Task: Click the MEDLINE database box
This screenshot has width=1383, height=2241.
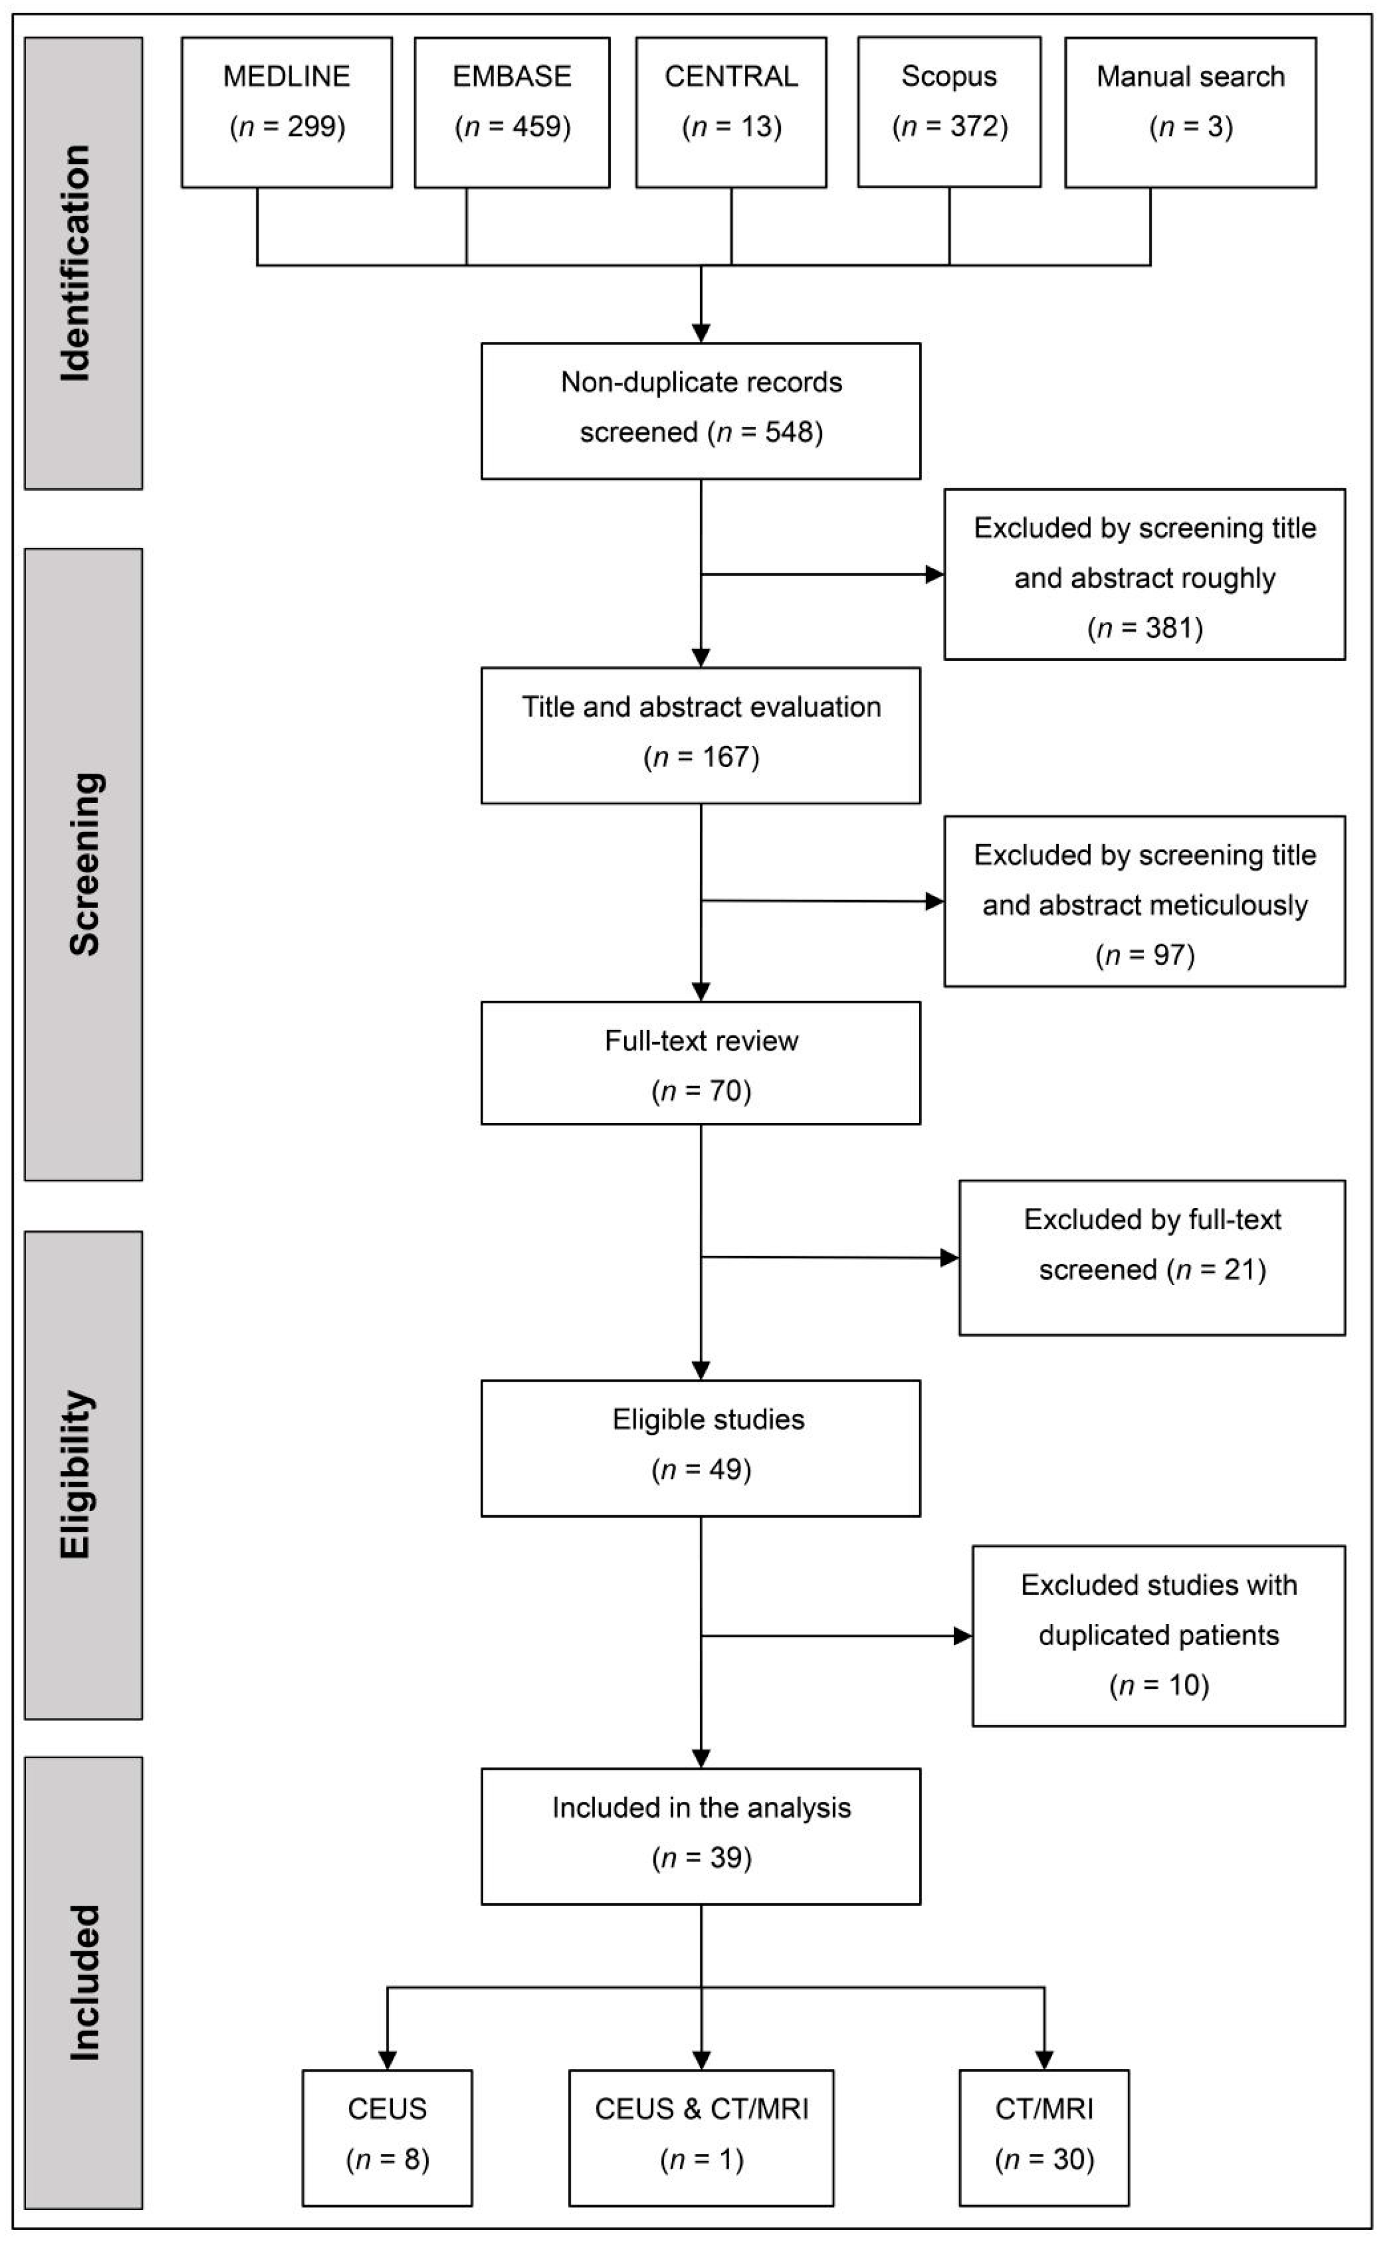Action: pos(287,112)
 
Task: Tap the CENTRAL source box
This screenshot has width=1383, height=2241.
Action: pos(731,112)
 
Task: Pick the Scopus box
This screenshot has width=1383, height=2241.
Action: pos(948,112)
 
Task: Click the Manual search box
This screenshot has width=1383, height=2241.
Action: pos(1190,112)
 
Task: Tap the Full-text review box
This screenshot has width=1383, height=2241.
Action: pos(701,1063)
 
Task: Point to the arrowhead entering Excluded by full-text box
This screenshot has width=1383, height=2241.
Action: pos(950,1258)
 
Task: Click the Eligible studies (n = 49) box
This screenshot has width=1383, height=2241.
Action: pos(701,1447)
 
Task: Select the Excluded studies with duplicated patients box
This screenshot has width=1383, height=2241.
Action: pos(1158,1636)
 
